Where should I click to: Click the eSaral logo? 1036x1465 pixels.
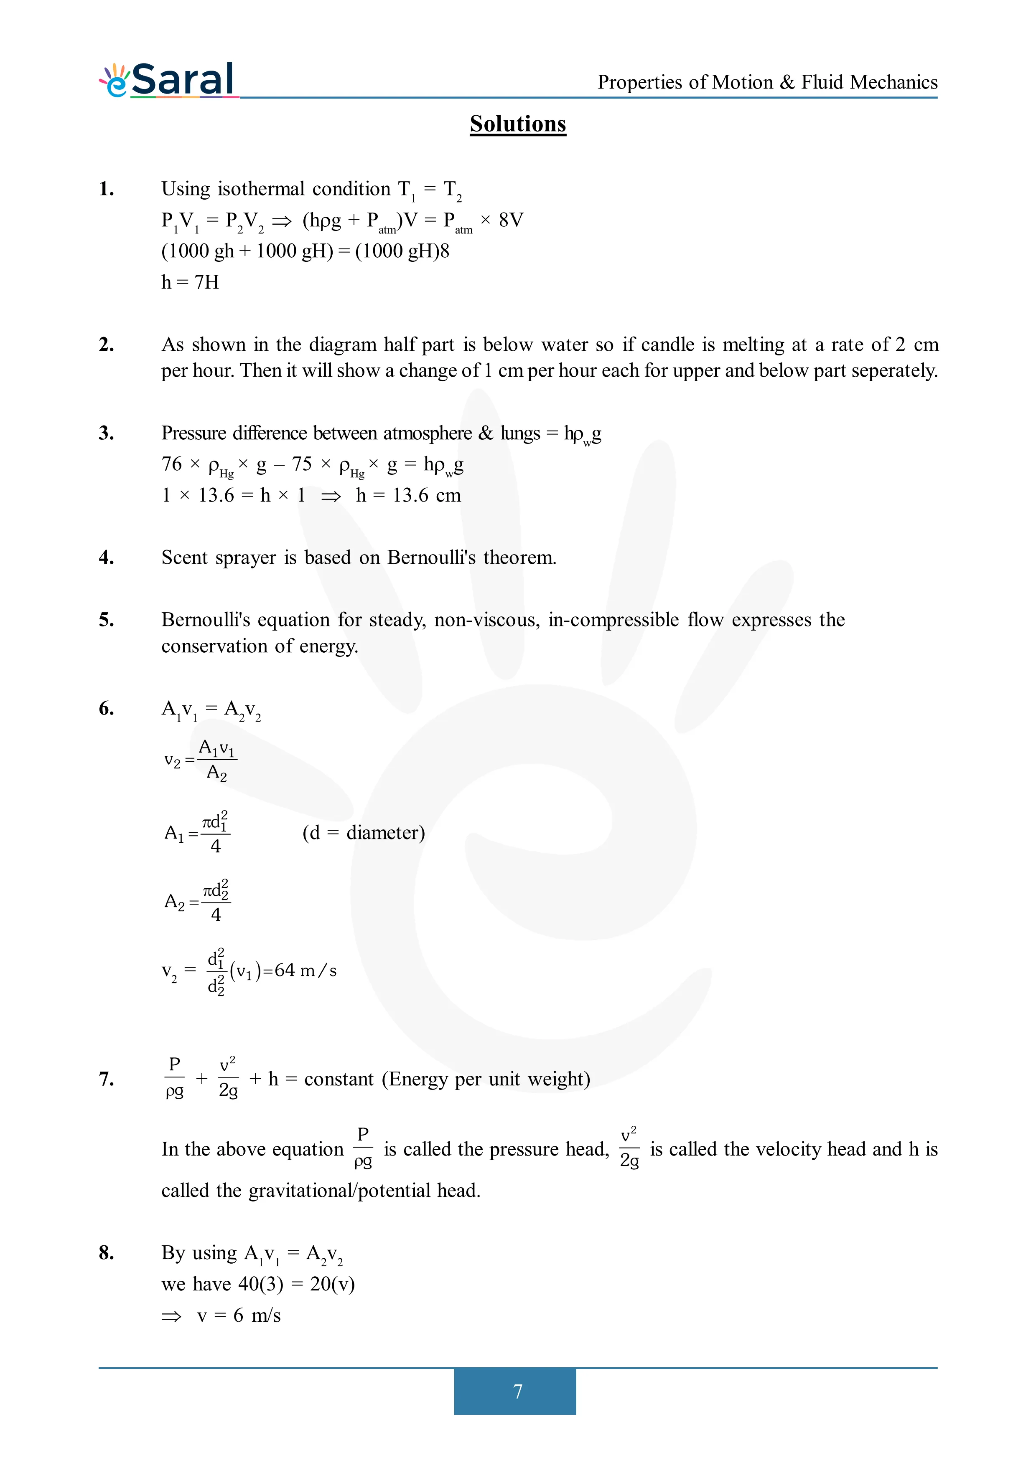(x=168, y=81)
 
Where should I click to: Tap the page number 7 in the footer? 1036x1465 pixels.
(x=518, y=1391)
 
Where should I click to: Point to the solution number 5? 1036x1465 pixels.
(x=107, y=620)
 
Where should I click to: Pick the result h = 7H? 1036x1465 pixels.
(x=190, y=282)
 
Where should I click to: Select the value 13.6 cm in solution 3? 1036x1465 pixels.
(x=426, y=495)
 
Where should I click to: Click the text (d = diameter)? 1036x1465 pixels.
(x=363, y=833)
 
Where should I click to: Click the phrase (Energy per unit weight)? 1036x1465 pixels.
(x=486, y=1079)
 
